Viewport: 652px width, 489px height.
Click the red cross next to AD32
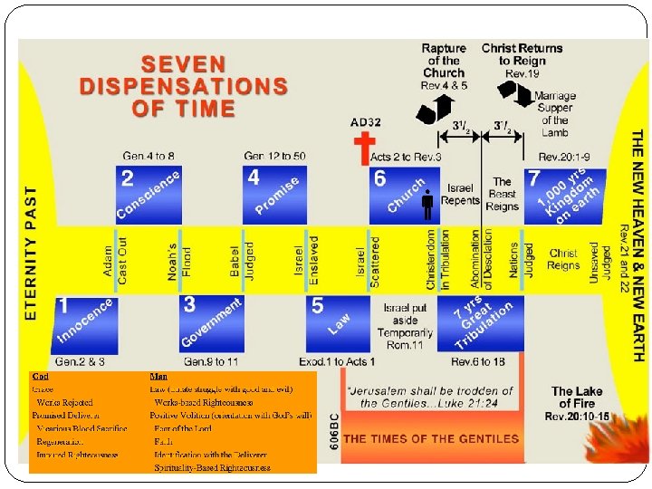coord(364,149)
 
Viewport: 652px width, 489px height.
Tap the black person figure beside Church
coord(428,207)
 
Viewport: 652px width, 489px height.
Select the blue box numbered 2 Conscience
coord(148,194)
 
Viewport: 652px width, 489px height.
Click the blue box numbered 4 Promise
coord(274,194)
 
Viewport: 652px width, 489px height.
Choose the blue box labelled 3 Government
coord(211,321)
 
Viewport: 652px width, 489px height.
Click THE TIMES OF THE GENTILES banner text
coord(432,439)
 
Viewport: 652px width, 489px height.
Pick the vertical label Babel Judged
coord(242,259)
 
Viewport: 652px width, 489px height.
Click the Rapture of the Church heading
coord(444,61)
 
